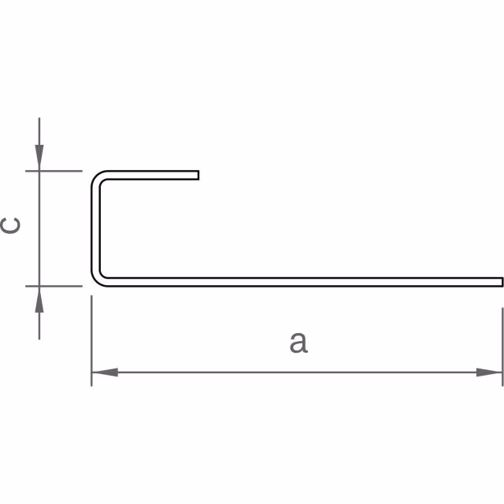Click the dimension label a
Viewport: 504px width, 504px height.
[x=298, y=343]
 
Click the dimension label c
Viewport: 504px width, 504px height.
[x=12, y=226]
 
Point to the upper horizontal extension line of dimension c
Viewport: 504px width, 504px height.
[x=59, y=171]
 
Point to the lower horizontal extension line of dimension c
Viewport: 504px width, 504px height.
[x=59, y=285]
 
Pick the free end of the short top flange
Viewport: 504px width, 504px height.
[x=198, y=175]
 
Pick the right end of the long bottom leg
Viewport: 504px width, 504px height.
[x=501, y=281]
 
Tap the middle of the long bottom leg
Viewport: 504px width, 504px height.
[x=299, y=281]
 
